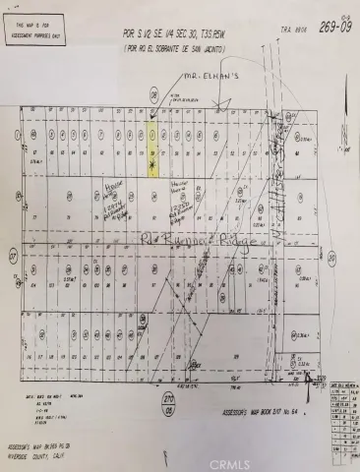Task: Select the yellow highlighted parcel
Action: pyautogui.click(x=150, y=150)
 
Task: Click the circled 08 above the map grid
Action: pyautogui.click(x=153, y=96)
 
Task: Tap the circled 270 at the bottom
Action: pyautogui.click(x=168, y=399)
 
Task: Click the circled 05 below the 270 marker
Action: pyautogui.click(x=168, y=412)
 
